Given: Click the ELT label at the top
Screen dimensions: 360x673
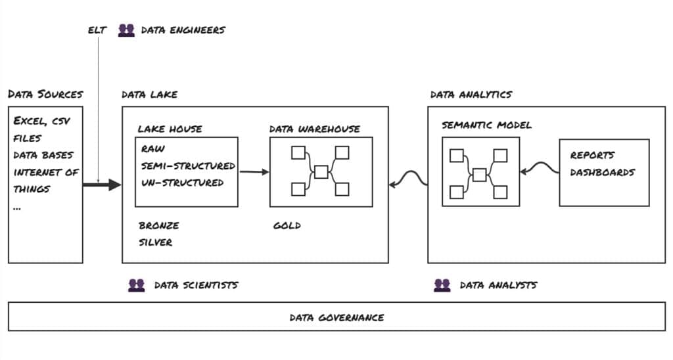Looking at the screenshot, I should (x=97, y=30).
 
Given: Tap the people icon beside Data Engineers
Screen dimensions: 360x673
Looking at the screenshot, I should (x=126, y=30).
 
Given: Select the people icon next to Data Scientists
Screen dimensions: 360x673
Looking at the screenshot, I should (x=136, y=285).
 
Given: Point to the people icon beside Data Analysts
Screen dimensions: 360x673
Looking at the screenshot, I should (x=442, y=285).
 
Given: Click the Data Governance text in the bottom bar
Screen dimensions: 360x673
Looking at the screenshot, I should (x=336, y=317).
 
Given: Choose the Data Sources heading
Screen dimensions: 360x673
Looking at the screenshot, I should (x=45, y=95).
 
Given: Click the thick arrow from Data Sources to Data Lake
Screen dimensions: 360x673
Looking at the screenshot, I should (x=102, y=185).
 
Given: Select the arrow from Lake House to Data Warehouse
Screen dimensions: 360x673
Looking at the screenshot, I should (x=254, y=172).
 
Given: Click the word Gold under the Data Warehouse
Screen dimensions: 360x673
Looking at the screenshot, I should (x=287, y=226).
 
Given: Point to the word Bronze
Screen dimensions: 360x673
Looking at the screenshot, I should (x=158, y=226).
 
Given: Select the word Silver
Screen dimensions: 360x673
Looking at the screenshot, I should (x=155, y=242).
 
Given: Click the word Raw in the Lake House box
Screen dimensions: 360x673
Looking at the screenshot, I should (x=152, y=150).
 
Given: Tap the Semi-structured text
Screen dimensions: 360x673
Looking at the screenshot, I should (x=188, y=166).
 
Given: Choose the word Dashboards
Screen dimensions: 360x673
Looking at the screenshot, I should (x=603, y=173).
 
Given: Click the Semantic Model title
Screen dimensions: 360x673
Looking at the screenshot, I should (x=487, y=125).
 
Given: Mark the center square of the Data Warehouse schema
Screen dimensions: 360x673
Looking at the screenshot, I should (x=321, y=172).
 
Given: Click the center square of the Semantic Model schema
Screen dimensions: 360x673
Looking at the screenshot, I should (x=480, y=175).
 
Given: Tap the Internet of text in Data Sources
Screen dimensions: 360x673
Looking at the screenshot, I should (x=46, y=172).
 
